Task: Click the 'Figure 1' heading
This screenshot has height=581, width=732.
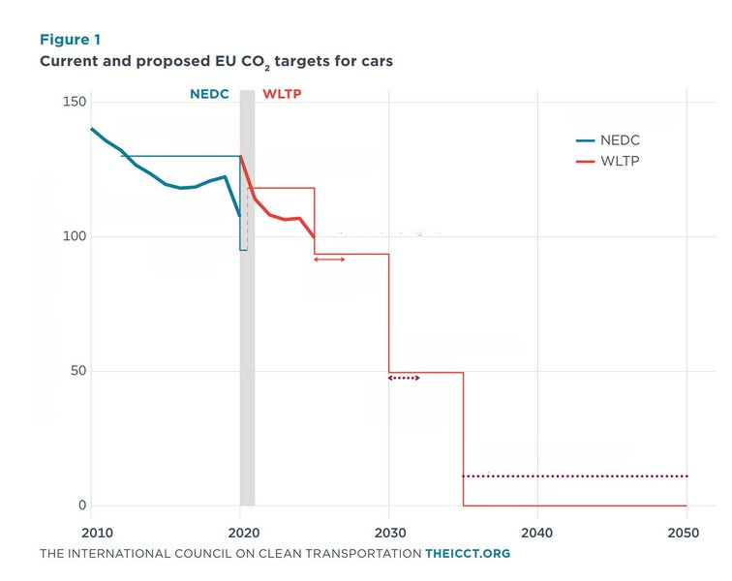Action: point(70,40)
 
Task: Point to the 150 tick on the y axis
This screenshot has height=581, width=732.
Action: point(75,102)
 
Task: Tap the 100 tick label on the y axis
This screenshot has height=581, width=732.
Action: point(75,236)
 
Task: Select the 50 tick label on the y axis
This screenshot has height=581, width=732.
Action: point(78,370)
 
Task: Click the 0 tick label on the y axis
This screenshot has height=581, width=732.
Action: point(82,505)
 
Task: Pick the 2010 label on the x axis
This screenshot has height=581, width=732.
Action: point(97,533)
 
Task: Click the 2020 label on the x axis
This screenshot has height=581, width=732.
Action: point(244,533)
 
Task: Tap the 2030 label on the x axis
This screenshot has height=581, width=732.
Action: point(390,533)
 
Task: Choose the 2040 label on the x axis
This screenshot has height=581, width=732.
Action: point(536,533)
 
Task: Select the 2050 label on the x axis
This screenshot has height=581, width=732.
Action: point(684,533)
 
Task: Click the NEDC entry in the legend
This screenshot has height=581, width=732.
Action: point(608,140)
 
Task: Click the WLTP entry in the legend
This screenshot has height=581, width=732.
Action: point(608,161)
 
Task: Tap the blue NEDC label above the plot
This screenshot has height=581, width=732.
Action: point(209,94)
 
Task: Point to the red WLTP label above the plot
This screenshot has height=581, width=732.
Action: point(282,94)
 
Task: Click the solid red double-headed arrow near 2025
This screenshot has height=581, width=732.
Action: point(329,260)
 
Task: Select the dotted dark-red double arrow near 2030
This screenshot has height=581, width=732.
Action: point(404,378)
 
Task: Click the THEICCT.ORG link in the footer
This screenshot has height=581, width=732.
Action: point(468,554)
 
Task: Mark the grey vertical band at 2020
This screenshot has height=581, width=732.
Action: point(248,298)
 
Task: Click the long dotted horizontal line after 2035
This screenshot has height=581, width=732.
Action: point(575,476)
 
